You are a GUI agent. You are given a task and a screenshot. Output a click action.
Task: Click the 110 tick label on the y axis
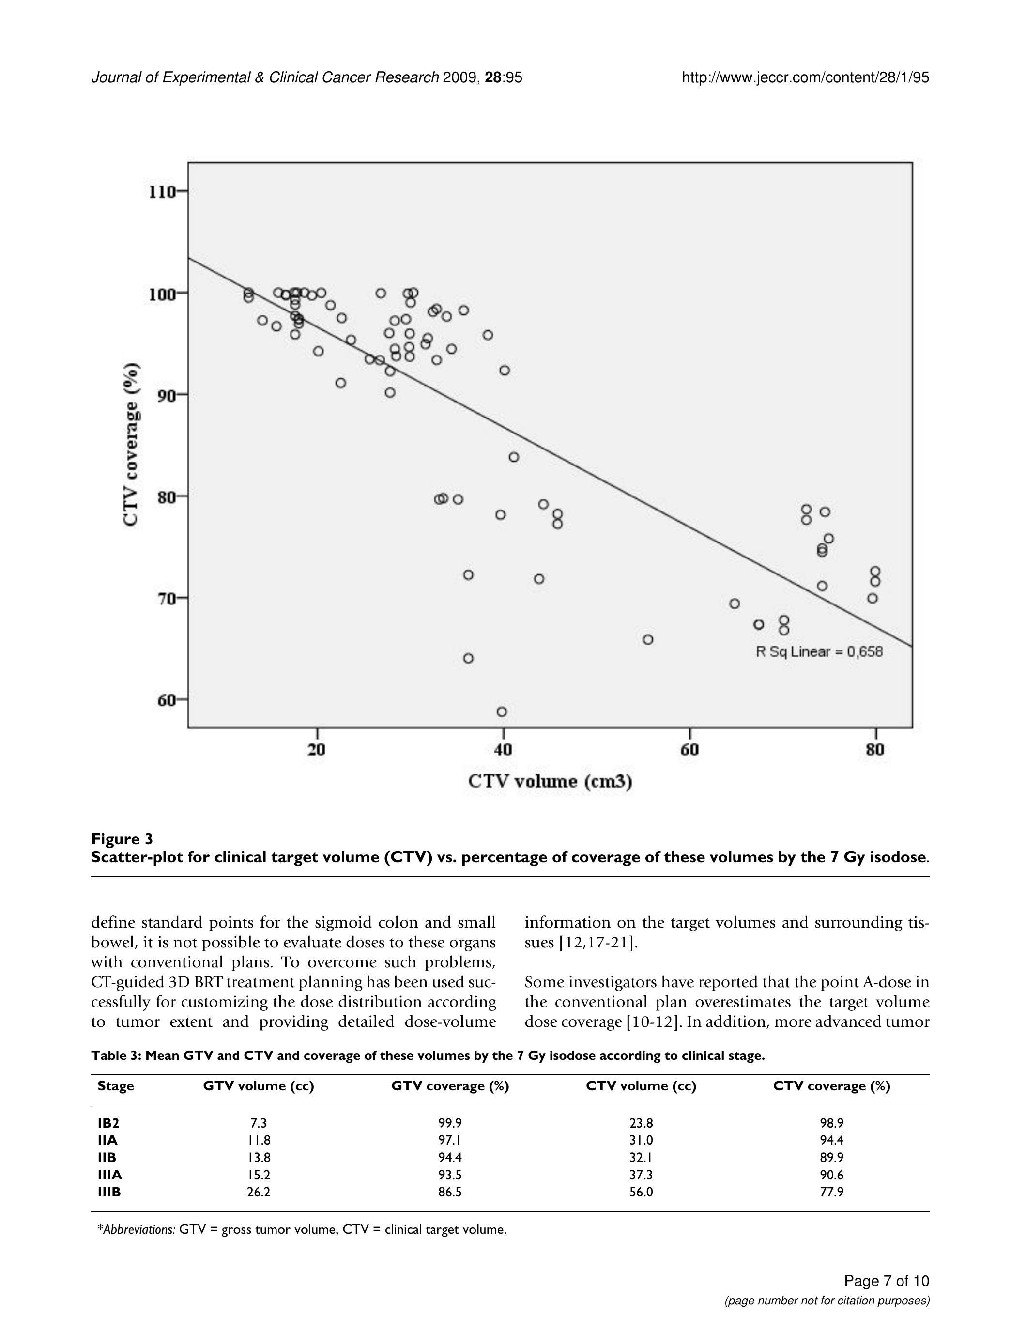tap(162, 192)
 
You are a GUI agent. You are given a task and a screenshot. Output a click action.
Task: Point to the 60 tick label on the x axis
tap(689, 750)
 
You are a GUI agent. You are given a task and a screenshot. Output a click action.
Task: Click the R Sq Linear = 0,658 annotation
tap(819, 651)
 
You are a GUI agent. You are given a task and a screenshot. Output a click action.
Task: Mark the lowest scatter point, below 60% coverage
tap(502, 712)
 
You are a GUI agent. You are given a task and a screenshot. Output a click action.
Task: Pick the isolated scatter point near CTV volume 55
tap(648, 639)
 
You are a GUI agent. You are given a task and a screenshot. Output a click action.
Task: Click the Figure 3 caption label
tap(122, 838)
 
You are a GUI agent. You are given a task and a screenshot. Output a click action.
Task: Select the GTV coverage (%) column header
tap(450, 1085)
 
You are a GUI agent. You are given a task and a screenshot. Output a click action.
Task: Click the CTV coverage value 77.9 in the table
tap(831, 1191)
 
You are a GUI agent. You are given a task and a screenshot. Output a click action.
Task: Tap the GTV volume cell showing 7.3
tap(259, 1123)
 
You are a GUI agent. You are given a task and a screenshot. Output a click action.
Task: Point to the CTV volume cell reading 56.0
tap(641, 1191)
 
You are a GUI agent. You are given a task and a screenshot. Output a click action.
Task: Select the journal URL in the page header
tap(805, 77)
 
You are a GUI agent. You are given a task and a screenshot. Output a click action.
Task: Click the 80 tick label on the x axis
tap(875, 750)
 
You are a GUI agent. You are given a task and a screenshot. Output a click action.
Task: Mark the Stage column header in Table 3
tap(116, 1085)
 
